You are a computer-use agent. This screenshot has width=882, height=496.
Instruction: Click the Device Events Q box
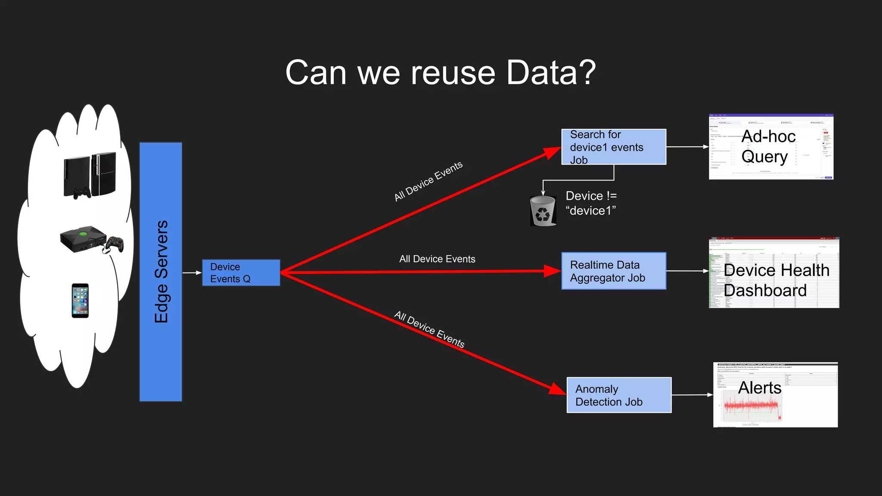[241, 273]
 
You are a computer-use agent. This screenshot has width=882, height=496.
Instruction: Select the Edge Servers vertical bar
[161, 272]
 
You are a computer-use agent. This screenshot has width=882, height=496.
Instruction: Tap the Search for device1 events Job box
[613, 147]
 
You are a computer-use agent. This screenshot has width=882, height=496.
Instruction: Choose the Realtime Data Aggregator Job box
[613, 271]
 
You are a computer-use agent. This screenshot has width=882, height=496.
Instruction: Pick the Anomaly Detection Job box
[619, 395]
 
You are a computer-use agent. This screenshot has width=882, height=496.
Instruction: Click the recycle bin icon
[543, 211]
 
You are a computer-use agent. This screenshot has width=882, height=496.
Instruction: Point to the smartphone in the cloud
[80, 301]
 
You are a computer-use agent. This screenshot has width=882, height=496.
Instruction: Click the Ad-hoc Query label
[768, 146]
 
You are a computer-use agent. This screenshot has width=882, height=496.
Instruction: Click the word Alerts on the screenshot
[759, 387]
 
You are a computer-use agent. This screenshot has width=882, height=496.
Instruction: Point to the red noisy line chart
[752, 406]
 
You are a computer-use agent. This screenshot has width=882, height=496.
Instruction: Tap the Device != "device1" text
[591, 203]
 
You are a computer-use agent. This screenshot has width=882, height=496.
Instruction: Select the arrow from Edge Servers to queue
[192, 273]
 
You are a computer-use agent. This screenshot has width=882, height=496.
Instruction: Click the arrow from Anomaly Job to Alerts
[692, 395]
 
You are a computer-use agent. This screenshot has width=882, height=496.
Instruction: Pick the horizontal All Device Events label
[437, 259]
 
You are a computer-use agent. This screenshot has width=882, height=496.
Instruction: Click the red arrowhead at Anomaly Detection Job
[558, 389]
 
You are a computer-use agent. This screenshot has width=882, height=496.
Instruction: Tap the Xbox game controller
[115, 244]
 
